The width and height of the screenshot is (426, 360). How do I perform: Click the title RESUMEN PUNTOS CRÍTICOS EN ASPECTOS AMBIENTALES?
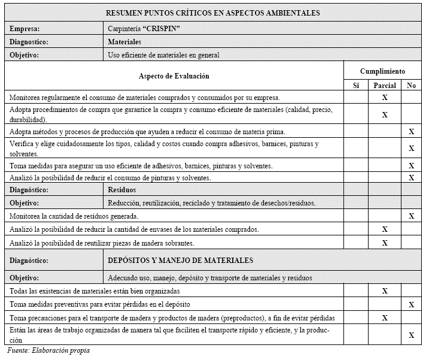212,13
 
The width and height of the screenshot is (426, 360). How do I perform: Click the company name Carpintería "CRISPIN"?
144,29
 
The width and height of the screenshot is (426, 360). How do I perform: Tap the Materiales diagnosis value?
124,42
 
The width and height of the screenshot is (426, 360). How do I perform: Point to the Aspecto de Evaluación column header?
174,76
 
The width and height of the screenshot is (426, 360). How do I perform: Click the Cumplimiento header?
382,71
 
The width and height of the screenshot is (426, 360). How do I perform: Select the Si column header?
356,86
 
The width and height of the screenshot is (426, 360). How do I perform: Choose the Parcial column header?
385,86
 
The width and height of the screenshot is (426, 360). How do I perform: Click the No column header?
411,86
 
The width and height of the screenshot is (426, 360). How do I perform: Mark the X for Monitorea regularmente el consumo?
385,97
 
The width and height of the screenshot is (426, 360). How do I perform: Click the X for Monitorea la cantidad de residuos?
411,216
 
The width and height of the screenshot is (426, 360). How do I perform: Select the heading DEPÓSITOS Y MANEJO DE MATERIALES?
180,261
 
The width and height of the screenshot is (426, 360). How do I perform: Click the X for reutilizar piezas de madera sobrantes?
385,243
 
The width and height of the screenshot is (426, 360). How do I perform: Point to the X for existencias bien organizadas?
385,291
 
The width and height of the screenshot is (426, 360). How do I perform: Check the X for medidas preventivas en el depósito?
411,304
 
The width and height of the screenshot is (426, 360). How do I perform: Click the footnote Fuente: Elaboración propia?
48,350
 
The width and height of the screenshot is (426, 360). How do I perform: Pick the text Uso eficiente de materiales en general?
163,55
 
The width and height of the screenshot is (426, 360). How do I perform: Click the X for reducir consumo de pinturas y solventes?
411,177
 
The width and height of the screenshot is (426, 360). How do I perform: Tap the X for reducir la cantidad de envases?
385,229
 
